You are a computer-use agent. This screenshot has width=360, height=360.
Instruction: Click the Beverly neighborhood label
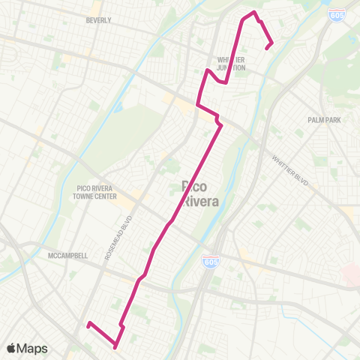[99, 20]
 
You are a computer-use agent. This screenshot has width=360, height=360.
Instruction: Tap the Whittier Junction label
[231, 64]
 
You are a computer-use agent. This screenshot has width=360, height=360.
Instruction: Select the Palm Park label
[324, 119]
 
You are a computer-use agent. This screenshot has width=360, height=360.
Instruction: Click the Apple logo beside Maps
[11, 348]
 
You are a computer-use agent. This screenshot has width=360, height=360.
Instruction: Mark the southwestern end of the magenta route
[88, 324]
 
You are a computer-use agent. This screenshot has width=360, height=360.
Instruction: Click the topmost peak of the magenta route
[254, 13]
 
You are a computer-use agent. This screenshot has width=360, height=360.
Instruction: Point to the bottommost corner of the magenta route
[115, 347]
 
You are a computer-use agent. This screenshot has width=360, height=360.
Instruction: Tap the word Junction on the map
[231, 67]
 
